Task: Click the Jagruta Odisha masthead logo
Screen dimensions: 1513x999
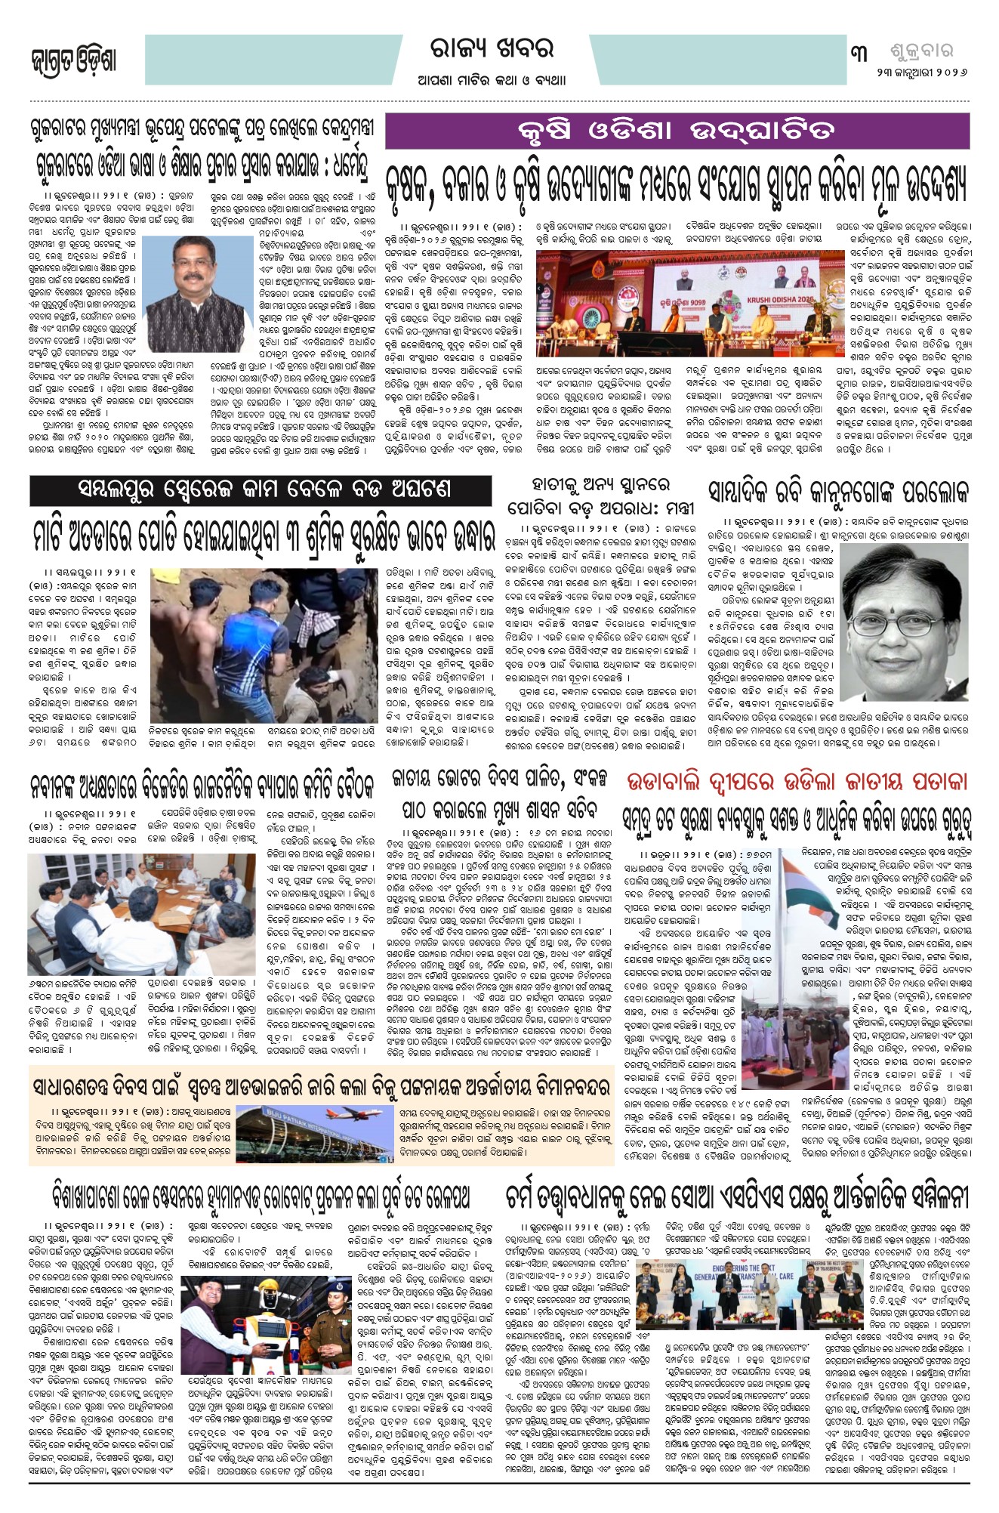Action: point(73,60)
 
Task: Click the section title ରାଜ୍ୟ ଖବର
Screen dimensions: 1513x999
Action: point(492,49)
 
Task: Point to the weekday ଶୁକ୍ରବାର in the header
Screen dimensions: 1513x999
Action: point(917,51)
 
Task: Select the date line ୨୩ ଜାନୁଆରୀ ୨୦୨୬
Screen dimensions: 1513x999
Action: point(921,73)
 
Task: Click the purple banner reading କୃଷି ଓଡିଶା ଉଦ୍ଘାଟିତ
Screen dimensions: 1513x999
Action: point(677,131)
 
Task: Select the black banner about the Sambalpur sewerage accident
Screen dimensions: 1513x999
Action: point(261,491)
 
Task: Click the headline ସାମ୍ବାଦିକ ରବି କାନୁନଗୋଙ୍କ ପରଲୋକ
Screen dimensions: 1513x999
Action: point(838,492)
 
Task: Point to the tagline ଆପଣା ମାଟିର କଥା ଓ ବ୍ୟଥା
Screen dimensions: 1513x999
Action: point(492,80)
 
